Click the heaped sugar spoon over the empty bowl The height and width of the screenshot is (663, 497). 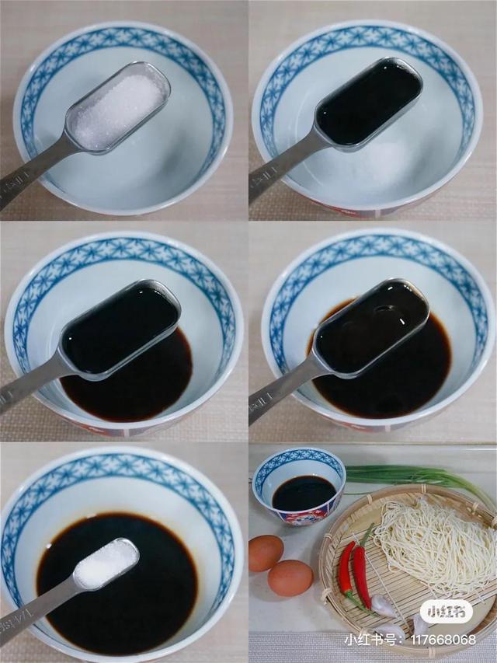pos(118,110)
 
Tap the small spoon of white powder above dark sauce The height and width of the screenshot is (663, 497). pos(106,564)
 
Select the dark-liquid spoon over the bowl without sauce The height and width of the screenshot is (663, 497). pos(368,101)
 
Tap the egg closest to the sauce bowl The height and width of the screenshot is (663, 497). pos(266,553)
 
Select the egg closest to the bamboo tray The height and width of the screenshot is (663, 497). pos(290,578)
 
